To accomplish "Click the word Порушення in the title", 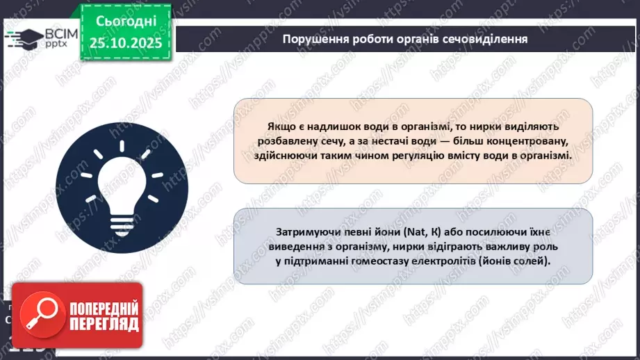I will pos(312,39).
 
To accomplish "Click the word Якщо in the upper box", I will pos(280,126).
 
